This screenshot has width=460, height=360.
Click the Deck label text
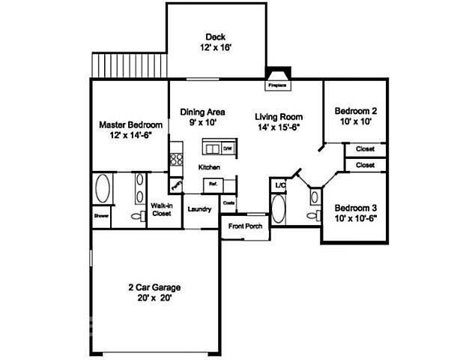pos(215,37)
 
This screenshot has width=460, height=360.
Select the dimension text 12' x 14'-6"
pos(131,136)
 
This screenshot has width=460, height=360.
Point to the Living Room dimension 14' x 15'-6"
pos(278,128)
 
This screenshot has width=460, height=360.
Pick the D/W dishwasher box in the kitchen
pos(226,148)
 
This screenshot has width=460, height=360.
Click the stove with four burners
pos(176,159)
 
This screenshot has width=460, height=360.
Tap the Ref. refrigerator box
pos(213,183)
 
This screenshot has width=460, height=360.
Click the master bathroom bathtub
pos(103,189)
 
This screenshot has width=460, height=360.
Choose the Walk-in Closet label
pos(161,209)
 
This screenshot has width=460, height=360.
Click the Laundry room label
pos(199,209)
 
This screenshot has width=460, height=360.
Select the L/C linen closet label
pos(280,184)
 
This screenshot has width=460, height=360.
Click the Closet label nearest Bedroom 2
pos(365,149)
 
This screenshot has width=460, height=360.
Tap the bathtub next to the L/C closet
pos(278,209)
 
